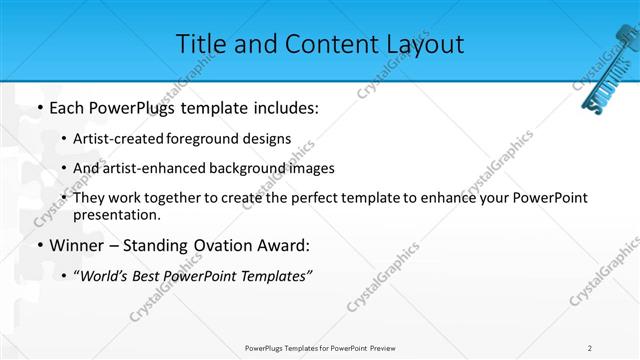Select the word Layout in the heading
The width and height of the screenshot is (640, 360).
tap(425, 43)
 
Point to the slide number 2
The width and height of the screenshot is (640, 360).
tap(590, 347)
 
